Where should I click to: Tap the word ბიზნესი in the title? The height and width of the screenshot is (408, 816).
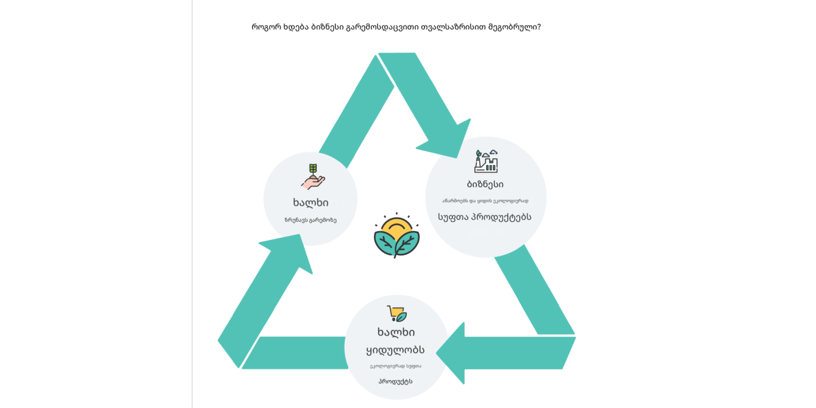327,27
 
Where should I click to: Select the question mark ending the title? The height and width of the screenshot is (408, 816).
539,27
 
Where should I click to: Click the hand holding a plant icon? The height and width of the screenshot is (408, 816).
313,176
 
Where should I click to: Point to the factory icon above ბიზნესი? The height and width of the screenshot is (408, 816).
486,161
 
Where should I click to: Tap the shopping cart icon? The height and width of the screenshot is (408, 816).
396,314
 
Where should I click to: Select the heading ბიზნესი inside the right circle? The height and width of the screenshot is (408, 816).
485,184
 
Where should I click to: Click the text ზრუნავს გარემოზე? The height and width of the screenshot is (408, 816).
311,220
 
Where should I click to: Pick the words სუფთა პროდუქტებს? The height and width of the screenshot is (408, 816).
484,217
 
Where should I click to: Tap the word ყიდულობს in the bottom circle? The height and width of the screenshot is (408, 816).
395,350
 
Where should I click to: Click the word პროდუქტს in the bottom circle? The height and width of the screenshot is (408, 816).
395,381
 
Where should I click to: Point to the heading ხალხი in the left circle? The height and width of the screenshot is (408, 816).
311,202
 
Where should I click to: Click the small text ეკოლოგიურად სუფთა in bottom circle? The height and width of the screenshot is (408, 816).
395,366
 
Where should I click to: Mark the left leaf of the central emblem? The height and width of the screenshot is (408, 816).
385,243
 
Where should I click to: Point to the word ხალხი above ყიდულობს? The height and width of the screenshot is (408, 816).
396,332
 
